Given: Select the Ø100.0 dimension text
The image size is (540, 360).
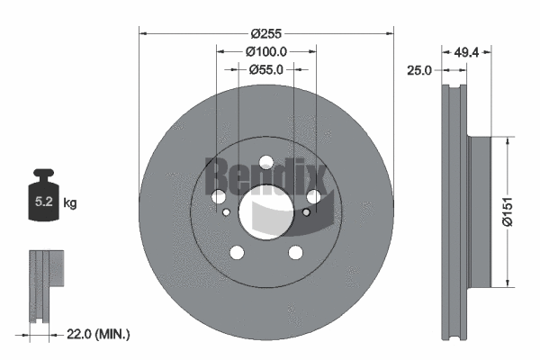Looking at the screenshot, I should [x=266, y=52].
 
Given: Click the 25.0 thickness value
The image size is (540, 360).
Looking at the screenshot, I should [x=419, y=69].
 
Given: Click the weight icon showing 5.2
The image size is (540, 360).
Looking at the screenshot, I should [x=44, y=192].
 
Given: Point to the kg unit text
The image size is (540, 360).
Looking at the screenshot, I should [x=70, y=203].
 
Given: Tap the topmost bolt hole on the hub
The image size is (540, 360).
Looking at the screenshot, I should [x=265, y=163].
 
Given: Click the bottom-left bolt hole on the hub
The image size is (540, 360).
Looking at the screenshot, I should [x=237, y=252].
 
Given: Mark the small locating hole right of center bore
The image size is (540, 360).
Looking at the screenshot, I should [x=306, y=213].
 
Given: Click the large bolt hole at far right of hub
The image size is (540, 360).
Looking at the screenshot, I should [x=313, y=197].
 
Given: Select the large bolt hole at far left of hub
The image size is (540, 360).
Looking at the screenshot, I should [x=219, y=197].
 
